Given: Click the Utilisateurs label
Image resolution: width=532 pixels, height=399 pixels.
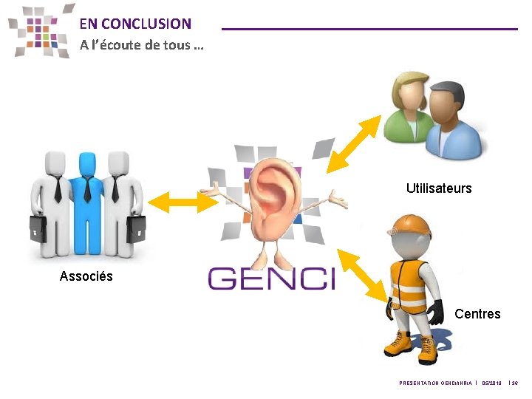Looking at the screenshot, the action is (x=438, y=188).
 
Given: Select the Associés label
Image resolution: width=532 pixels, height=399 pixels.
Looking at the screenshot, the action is (x=86, y=276).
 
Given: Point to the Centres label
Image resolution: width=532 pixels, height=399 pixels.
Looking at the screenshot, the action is (x=477, y=314).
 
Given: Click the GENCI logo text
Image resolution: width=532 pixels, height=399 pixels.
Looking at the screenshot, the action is (x=271, y=279).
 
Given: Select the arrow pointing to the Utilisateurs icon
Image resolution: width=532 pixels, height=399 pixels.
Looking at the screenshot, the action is (x=350, y=148).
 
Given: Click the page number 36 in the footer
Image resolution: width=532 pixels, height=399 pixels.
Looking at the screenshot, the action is (x=515, y=383).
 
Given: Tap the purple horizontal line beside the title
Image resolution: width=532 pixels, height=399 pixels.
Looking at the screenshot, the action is (x=369, y=28).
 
